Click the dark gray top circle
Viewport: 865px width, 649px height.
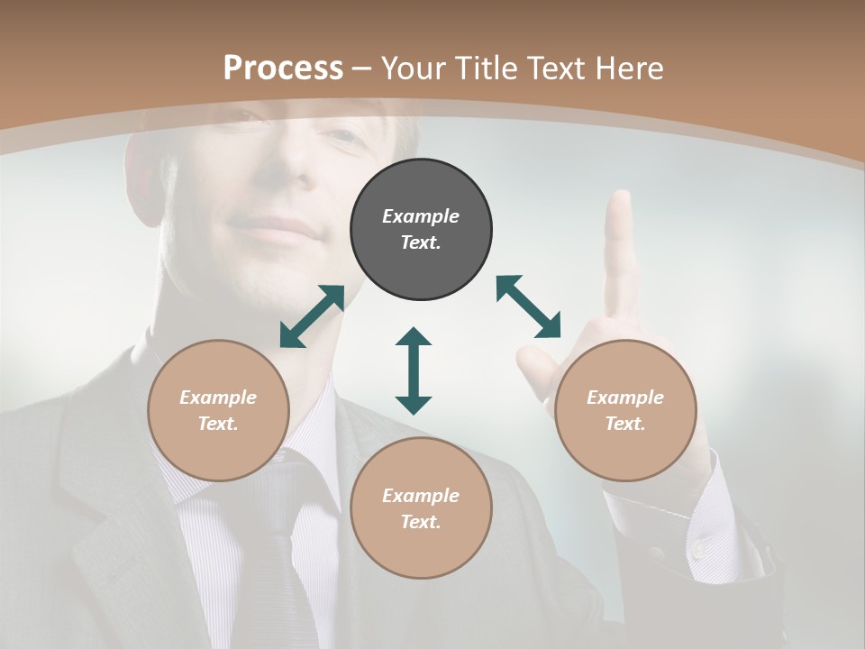[x=421, y=230]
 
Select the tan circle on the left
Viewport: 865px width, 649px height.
[x=218, y=410]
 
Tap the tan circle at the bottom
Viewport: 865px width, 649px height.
[x=421, y=508]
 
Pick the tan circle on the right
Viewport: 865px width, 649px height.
[x=625, y=410]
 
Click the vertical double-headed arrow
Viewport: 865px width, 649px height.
[x=414, y=370]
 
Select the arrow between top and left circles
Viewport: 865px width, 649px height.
[x=312, y=316]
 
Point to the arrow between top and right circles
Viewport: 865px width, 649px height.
[x=529, y=307]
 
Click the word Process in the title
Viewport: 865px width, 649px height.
[x=283, y=68]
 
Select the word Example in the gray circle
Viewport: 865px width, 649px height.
[x=421, y=216]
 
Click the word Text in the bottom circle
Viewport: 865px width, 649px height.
[x=420, y=522]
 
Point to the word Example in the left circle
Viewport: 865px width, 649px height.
[x=218, y=398]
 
